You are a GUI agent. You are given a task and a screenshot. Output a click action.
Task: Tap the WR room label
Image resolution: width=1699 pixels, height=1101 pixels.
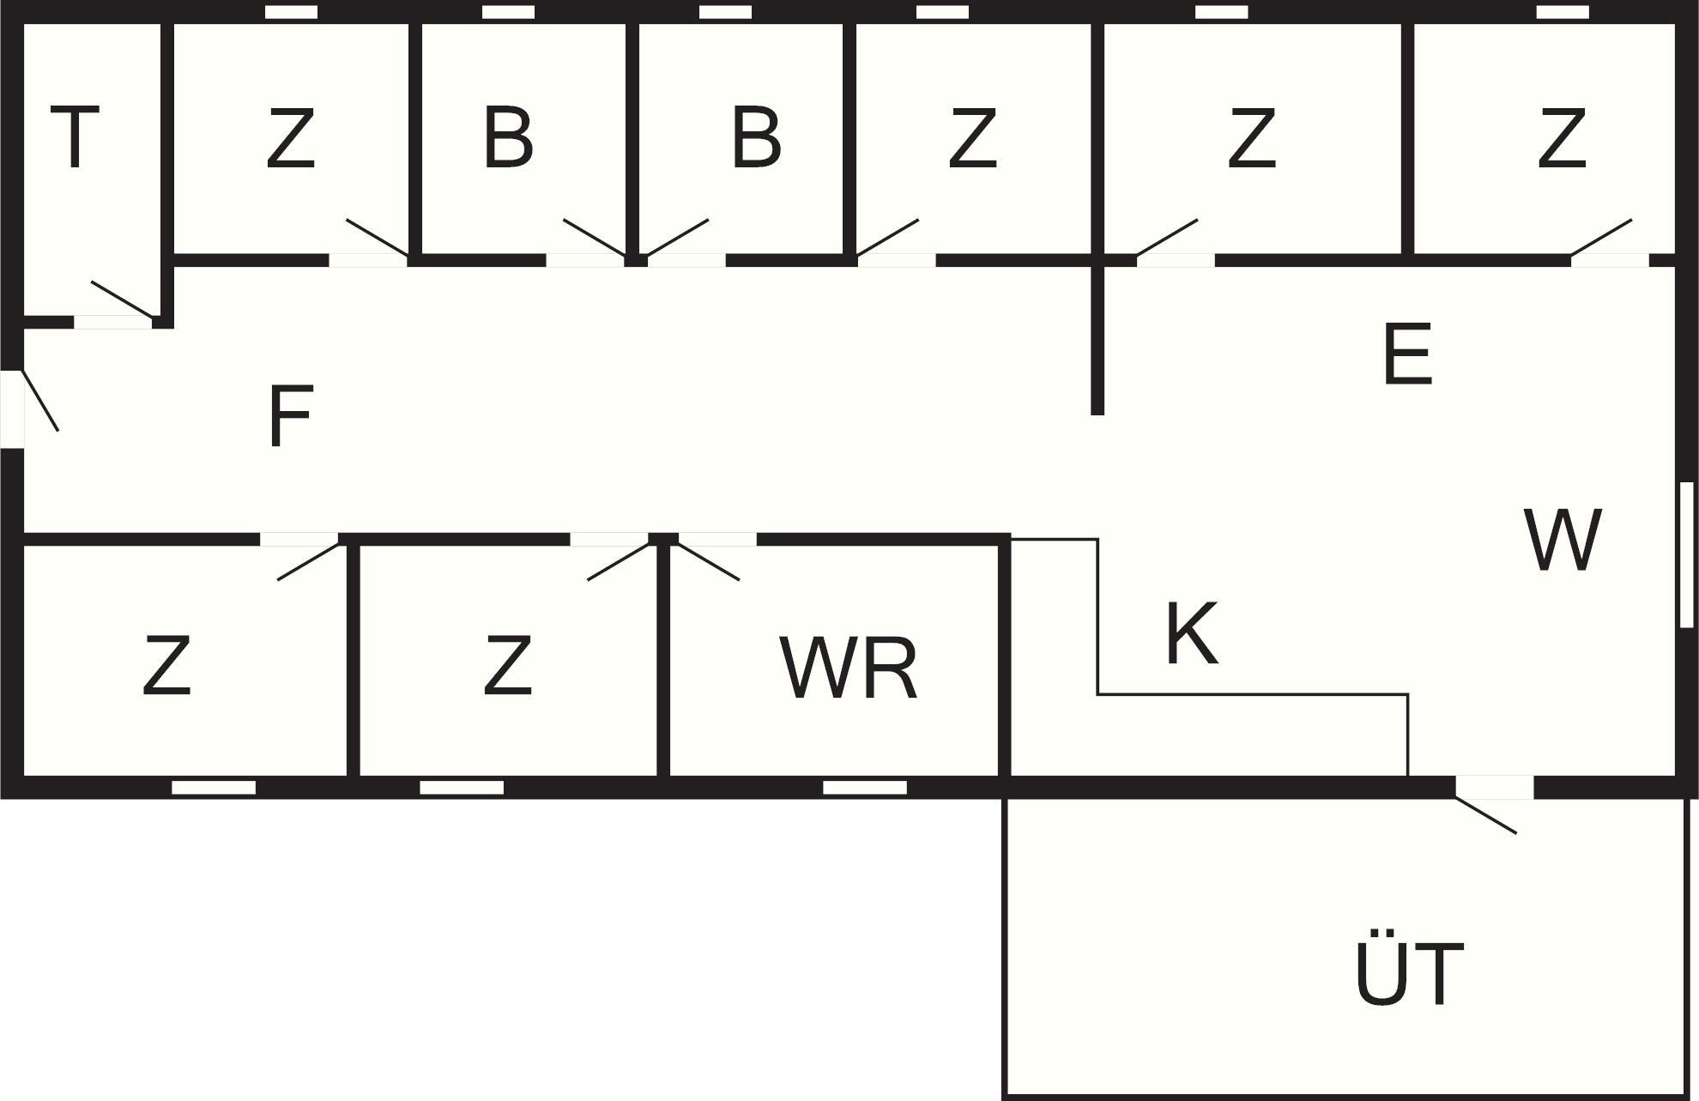[849, 668]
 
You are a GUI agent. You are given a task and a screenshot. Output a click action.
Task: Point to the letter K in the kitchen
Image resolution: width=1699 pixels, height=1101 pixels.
[1192, 634]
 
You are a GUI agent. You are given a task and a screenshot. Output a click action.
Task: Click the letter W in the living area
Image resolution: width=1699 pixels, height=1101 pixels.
[1562, 541]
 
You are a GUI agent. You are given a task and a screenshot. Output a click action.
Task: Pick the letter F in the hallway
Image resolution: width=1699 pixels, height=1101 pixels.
[290, 417]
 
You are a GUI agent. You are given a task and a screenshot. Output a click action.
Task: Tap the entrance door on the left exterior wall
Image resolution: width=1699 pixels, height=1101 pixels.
[34, 403]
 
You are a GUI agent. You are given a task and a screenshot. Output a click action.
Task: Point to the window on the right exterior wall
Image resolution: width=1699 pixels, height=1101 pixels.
[1686, 554]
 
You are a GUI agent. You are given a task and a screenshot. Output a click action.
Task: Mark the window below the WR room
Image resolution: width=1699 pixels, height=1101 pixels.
[865, 787]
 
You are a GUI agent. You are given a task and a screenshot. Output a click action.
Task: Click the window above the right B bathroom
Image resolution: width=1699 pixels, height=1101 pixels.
[725, 12]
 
